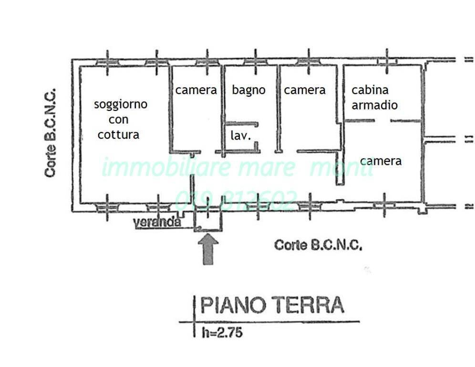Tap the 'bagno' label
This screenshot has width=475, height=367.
click(x=248, y=90)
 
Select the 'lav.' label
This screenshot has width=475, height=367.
click(x=241, y=135)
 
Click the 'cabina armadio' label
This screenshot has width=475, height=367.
click(x=374, y=97)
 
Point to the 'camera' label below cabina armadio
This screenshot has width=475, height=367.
click(x=381, y=161)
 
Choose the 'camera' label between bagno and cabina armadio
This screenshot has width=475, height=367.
click(x=305, y=90)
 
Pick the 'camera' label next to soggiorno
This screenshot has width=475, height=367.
click(x=196, y=90)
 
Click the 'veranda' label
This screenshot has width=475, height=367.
click(x=157, y=222)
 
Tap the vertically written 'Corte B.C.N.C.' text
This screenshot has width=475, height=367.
click(x=51, y=132)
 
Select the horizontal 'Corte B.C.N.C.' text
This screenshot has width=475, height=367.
click(x=318, y=245)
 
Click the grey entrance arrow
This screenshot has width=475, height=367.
click(x=208, y=248)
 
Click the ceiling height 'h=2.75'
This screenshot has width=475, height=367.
click(x=221, y=332)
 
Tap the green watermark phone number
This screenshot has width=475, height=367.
click(x=237, y=199)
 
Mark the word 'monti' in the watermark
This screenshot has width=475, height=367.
click(x=341, y=168)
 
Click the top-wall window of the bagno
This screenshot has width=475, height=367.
click(x=256, y=62)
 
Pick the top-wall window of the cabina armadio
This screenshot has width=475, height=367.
click(x=386, y=61)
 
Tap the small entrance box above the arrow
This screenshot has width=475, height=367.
click(x=208, y=219)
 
